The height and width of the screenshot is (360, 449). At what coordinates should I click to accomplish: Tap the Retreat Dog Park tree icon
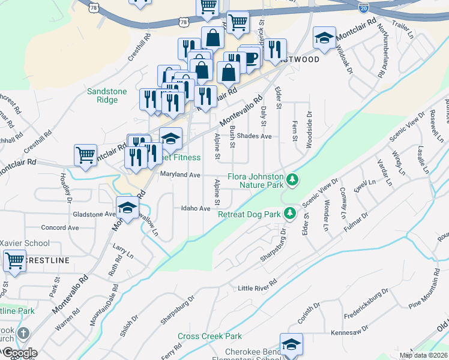290,213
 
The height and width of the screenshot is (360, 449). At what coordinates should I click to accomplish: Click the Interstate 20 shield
363,7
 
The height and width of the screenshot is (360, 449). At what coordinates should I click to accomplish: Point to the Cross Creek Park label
209,337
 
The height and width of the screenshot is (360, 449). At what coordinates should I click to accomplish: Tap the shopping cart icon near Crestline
14,261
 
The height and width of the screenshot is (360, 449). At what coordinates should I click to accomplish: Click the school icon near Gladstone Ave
127,208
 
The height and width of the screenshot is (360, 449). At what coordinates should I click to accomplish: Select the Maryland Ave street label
179,175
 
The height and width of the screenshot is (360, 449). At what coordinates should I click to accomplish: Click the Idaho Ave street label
196,208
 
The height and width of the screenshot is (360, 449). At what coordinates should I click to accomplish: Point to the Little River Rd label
257,286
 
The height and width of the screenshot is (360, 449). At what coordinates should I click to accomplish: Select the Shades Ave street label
254,136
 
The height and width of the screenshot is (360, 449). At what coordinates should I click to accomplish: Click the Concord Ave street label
60,228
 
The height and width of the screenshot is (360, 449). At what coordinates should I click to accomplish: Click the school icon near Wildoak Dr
324,38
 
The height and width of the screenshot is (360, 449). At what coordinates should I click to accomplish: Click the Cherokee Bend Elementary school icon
291,344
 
